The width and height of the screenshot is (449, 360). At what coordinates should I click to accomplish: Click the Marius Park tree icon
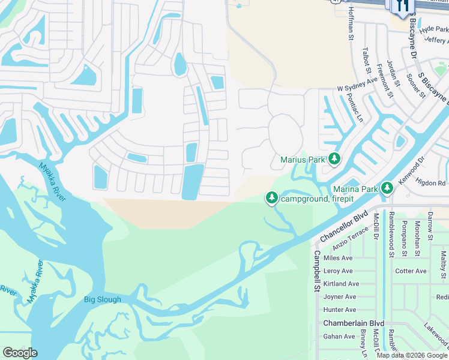pos(334,159)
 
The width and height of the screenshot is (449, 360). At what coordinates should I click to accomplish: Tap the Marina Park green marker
pos(387,188)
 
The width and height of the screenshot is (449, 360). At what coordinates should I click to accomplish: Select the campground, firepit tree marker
pos(272,197)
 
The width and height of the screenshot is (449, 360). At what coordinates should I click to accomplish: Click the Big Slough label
pos(102,299)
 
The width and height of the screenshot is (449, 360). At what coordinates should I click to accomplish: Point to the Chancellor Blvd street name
pos(343,226)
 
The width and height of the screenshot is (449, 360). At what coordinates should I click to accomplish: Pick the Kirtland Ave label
pos(340,284)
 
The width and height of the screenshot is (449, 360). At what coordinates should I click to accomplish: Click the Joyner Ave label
pos(340,297)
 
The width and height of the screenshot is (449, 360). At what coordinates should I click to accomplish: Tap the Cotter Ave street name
pos(411,271)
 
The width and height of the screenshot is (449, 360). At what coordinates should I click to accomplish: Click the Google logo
pos(20,353)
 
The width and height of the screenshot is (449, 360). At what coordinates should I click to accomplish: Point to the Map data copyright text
pos(412,355)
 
